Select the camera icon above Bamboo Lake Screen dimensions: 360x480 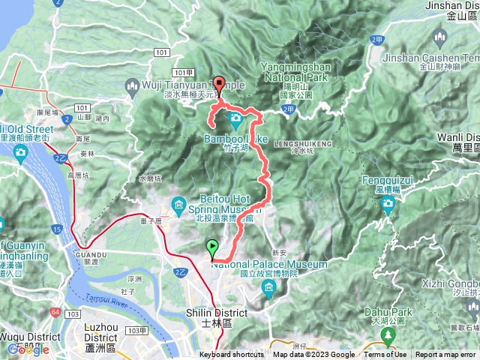coord(235,118)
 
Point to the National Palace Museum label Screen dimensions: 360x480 coord(270,265)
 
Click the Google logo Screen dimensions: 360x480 coord(28,349)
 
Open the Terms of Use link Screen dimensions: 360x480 coord(385,355)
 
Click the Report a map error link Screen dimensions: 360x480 coord(446,355)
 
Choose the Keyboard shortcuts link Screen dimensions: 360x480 coord(231,355)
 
